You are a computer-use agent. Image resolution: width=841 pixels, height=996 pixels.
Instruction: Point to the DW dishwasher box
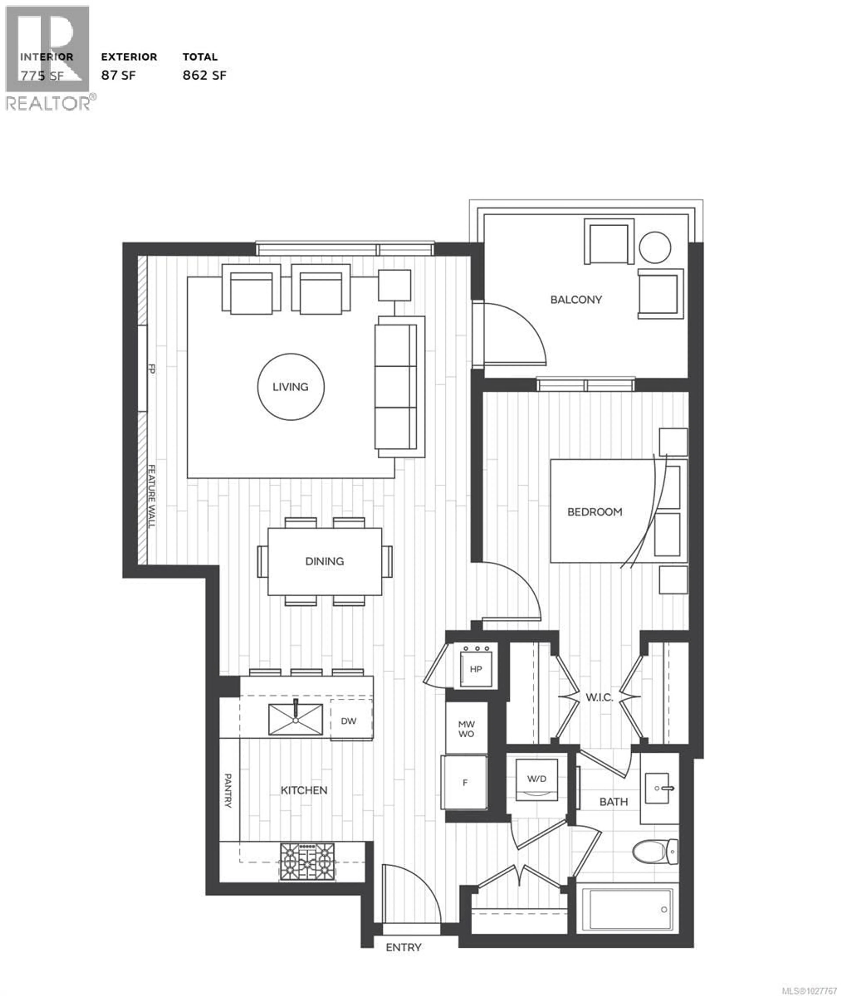348,721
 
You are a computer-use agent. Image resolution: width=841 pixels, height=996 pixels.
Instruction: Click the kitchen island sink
295,720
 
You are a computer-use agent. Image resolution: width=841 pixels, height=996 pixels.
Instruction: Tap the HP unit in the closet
476,669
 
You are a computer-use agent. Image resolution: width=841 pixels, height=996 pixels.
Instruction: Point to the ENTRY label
403,947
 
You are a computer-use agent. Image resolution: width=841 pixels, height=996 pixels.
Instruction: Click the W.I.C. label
599,697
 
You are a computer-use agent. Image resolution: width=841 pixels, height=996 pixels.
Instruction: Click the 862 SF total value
204,75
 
